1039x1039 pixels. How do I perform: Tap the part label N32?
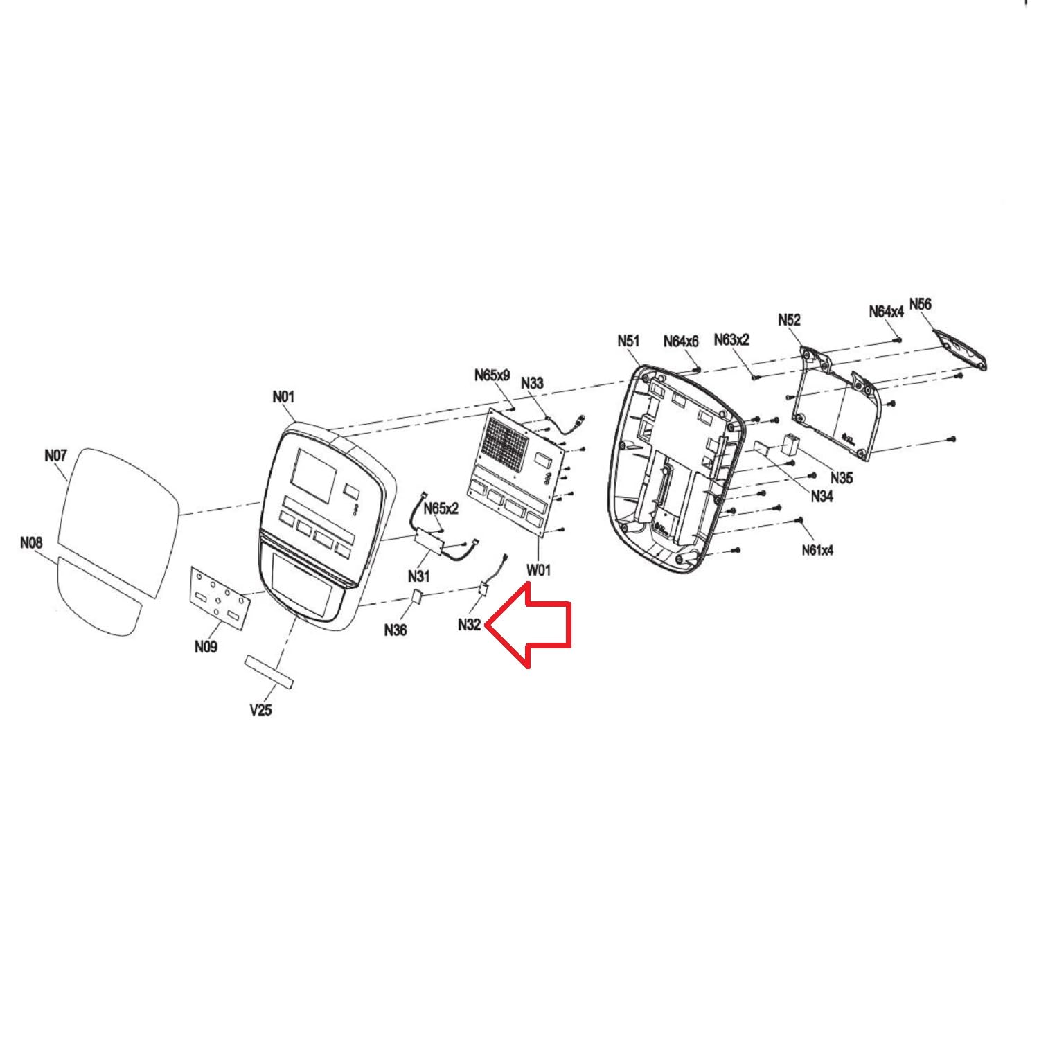pos(469,625)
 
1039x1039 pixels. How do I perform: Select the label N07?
pos(55,456)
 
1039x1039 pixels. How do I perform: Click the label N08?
pos(31,543)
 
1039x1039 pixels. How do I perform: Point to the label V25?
pos(260,710)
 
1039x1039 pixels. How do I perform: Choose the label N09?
pos(206,646)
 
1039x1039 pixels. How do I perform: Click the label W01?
pos(539,570)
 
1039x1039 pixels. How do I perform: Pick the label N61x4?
pos(818,550)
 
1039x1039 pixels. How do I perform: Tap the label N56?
pos(921,304)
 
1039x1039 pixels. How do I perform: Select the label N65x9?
pos(492,375)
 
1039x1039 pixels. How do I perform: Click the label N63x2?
pos(731,339)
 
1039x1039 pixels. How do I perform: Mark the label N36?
pos(396,630)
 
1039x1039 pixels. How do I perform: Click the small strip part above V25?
pos(269,671)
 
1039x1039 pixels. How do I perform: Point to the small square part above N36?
pos(418,597)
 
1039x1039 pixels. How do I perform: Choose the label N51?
pos(629,341)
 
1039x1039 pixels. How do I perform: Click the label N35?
pos(842,478)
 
